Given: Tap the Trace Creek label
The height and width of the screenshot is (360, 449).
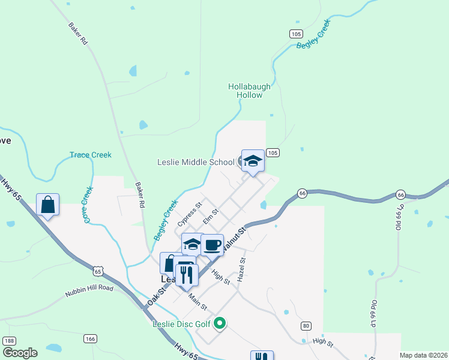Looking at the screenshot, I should [91, 155].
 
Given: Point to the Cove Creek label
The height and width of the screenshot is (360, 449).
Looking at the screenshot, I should [88, 205].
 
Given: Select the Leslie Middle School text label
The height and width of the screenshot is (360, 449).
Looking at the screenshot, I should [196, 162].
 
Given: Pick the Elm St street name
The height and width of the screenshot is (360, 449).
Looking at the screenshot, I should [209, 217].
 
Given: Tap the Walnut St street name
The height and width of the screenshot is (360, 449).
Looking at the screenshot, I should [234, 238].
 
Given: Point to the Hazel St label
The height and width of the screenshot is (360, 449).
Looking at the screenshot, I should [242, 270].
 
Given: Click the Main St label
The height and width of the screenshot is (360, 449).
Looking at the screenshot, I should [197, 302].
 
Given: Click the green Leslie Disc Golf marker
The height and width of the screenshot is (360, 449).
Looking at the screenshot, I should [220, 324].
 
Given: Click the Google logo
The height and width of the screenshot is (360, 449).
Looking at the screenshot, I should [20, 353].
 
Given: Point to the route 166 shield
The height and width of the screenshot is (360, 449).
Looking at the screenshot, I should [90, 339].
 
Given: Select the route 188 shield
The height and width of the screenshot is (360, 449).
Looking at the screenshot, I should [8, 341].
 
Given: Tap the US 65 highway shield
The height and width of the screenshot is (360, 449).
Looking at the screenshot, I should [98, 271].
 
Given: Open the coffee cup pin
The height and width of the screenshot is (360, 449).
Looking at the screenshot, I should [212, 245].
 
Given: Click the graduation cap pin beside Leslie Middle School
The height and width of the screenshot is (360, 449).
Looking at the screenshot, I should [253, 161].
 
